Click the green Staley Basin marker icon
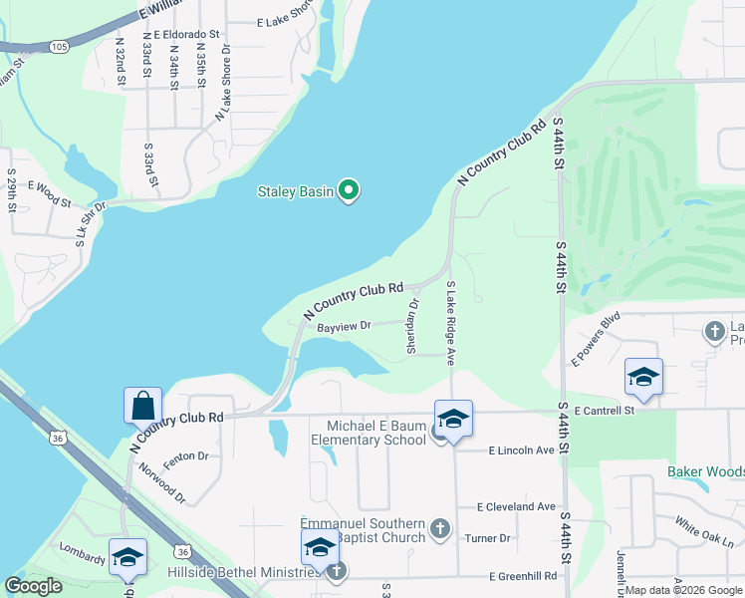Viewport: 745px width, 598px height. (x=348, y=189)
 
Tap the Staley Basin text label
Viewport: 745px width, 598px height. (x=296, y=191)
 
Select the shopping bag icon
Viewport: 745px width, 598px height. (x=142, y=406)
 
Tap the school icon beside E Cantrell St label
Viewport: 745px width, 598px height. (x=643, y=378)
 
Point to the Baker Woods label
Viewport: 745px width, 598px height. (x=705, y=471)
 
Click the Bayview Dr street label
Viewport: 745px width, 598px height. (x=344, y=326)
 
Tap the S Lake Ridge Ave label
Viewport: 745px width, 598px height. (x=450, y=322)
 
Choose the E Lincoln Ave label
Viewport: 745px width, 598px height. (x=521, y=450)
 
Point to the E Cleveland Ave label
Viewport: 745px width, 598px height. (x=516, y=506)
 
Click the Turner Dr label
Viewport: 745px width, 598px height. (x=488, y=538)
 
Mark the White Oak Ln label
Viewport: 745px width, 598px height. (x=703, y=530)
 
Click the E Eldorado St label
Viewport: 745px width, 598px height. (x=180, y=33)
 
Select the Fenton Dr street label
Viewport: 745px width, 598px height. (x=188, y=456)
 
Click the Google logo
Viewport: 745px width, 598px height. (x=33, y=586)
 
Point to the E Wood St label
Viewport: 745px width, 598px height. (x=50, y=193)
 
